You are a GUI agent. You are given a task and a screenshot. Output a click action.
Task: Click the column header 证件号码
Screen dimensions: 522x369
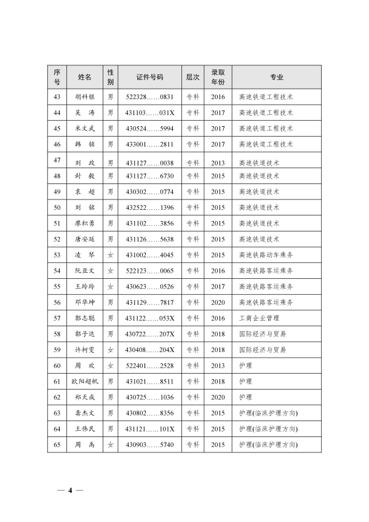click(x=150, y=77)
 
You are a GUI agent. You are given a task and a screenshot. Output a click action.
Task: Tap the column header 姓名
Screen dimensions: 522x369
click(x=84, y=77)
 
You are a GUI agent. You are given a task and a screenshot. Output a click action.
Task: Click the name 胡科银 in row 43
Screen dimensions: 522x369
click(x=84, y=97)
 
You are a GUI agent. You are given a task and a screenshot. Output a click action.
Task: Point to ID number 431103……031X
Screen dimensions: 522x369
click(x=150, y=113)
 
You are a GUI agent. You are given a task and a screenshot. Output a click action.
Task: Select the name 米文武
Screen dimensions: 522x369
click(x=84, y=129)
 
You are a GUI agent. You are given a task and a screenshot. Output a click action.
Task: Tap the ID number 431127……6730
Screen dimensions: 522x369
click(x=150, y=176)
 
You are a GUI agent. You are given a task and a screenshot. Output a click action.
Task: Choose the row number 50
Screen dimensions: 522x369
click(x=57, y=207)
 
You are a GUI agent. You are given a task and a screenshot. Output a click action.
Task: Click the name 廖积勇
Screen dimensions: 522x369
click(x=84, y=223)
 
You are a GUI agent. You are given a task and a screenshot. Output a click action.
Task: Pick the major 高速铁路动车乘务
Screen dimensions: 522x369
click(x=266, y=255)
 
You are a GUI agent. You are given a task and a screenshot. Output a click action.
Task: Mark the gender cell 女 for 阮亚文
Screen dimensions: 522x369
click(x=111, y=271)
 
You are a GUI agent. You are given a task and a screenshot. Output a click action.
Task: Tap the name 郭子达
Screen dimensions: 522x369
click(x=84, y=334)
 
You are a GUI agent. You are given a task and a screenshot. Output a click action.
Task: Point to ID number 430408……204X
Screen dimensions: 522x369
click(x=150, y=350)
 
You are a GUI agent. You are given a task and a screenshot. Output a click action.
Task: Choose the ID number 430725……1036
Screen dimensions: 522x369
click(x=150, y=397)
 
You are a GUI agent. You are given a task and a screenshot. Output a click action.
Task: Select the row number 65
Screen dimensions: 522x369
click(x=57, y=444)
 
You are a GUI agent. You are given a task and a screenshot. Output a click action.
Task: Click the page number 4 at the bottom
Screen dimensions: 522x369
click(x=70, y=491)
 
